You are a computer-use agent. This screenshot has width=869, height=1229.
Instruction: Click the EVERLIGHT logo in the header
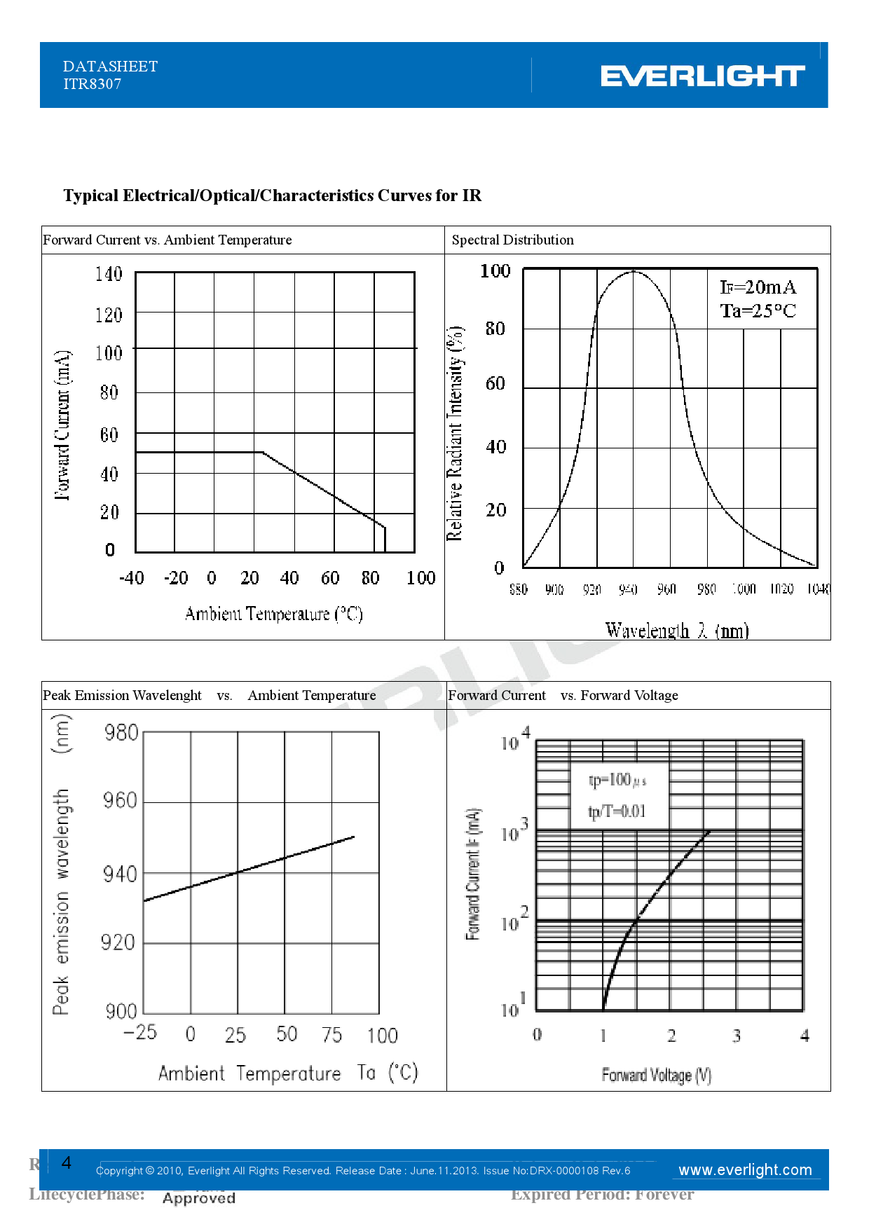[702, 76]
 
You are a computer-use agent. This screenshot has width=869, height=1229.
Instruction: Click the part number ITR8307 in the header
[92, 84]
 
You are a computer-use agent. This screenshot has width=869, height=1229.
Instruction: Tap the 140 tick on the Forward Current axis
[109, 273]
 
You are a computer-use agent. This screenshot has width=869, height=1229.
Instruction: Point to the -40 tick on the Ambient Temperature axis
[132, 578]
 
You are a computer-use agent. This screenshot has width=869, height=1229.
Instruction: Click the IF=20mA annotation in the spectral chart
[758, 287]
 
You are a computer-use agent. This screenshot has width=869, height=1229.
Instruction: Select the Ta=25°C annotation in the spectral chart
[758, 310]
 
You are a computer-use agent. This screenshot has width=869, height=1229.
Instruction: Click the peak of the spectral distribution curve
[634, 271]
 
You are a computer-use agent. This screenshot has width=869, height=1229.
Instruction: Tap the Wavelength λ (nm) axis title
[677, 630]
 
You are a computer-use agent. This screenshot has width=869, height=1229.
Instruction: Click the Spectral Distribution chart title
[512, 240]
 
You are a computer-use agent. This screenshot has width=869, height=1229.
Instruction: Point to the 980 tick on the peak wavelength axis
[121, 733]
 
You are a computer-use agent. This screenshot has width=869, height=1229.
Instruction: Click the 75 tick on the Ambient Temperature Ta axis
[332, 1035]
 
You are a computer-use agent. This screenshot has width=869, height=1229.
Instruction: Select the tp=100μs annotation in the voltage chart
[617, 780]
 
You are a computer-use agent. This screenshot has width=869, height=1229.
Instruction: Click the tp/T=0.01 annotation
[617, 811]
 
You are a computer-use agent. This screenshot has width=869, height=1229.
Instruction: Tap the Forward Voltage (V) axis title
[656, 1075]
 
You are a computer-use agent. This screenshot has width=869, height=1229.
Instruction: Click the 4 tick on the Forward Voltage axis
[805, 1036]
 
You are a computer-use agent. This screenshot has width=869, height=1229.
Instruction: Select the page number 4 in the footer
[67, 1163]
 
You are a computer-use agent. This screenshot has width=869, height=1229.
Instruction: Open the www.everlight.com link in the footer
[745, 1170]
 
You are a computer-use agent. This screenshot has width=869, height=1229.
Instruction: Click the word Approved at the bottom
[199, 1198]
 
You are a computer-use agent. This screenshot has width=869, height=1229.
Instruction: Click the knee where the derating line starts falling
[263, 453]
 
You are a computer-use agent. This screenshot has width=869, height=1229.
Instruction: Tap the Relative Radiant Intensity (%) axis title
[455, 433]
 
